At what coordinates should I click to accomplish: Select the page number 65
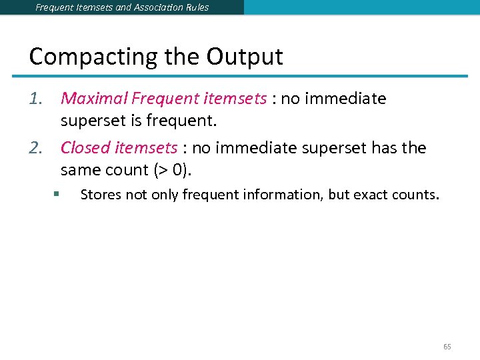pyautogui.click(x=447, y=347)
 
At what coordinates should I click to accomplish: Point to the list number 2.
pyautogui.click(x=36, y=147)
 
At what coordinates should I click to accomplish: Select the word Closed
pyautogui.click(x=85, y=147)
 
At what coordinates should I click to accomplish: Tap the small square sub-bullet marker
pyautogui.click(x=58, y=195)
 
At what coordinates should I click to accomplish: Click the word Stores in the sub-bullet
pyautogui.click(x=98, y=195)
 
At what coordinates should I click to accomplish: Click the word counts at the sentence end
pyautogui.click(x=416, y=195)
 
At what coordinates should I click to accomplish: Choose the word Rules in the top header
pyautogui.click(x=196, y=7)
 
